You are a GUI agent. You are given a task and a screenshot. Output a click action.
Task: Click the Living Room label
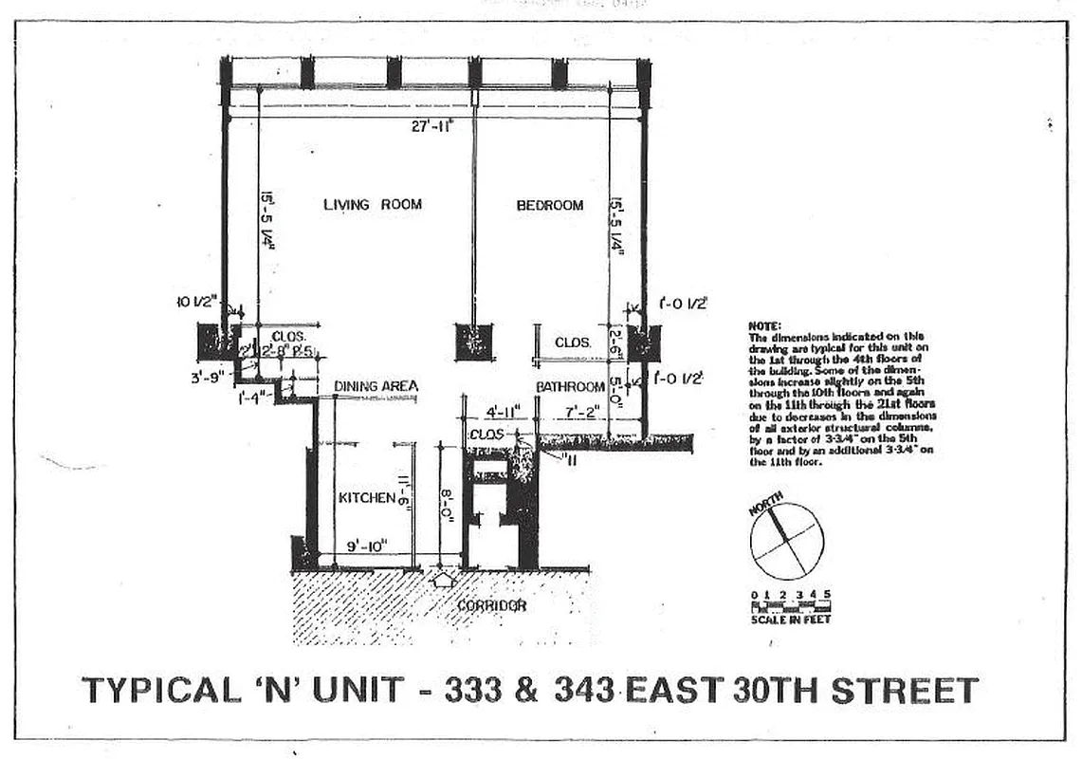(372, 205)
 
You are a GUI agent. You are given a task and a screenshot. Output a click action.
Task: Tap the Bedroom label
(550, 206)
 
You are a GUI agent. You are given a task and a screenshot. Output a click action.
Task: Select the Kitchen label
(366, 498)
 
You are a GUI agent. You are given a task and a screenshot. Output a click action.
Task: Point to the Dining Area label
(376, 387)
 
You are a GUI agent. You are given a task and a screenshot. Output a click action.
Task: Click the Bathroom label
(570, 387)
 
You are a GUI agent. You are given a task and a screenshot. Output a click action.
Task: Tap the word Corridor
(491, 605)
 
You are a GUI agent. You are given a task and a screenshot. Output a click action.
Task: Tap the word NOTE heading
(764, 326)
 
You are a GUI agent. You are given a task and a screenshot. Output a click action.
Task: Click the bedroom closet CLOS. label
(574, 342)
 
